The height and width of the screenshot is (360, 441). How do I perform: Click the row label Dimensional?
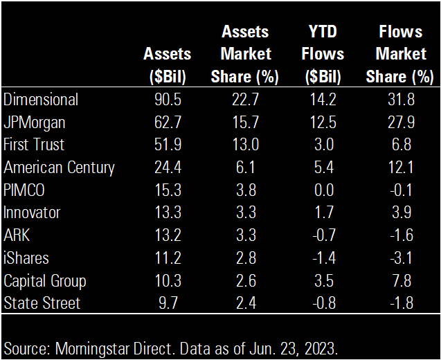click(x=41, y=100)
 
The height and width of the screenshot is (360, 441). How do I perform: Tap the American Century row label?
click(x=59, y=168)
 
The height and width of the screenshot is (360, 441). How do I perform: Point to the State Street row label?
click(x=42, y=303)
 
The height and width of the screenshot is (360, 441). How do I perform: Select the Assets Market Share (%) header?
click(x=246, y=54)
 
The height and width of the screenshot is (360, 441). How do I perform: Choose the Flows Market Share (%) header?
click(x=400, y=54)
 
